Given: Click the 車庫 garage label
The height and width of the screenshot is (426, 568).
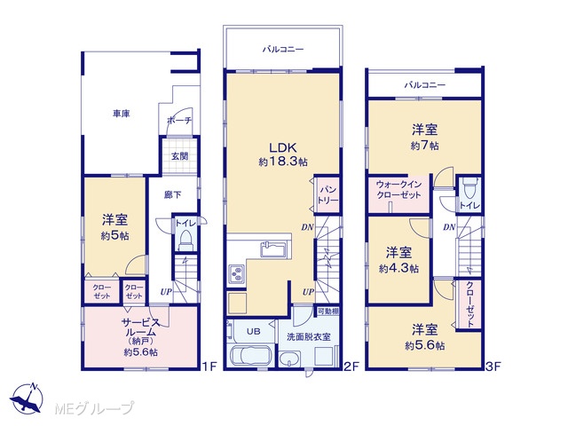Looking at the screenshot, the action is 121,114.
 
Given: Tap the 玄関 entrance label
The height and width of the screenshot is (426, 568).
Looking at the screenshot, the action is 179,156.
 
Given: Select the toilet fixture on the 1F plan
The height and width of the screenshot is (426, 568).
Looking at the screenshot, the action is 185,241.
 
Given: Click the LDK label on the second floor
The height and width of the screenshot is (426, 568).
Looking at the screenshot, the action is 283,147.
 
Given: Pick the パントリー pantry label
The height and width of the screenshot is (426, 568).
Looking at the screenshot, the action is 327,195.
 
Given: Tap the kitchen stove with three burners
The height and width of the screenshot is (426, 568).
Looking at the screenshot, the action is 237,274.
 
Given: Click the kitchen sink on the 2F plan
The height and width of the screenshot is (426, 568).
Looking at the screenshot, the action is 273,249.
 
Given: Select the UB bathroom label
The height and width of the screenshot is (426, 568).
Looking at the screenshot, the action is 253,331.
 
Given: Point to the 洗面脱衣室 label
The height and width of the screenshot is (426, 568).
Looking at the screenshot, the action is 309,337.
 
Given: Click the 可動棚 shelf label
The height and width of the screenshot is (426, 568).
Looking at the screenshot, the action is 328,311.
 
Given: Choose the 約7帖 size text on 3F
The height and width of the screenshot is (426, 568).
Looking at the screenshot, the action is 424,146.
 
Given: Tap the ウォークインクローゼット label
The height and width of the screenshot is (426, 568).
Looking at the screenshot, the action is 398,190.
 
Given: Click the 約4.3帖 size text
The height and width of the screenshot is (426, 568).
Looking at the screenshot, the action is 398,268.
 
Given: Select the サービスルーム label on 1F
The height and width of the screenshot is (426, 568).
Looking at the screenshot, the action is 140,327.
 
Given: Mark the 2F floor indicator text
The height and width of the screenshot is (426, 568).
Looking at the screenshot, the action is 351,367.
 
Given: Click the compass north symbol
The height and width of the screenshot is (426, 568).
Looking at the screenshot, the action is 27,398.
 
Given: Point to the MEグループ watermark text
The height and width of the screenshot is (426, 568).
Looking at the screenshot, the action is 94,408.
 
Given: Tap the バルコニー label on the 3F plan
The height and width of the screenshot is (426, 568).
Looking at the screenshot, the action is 424,85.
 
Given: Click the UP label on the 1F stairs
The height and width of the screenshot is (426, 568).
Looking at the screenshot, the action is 166,292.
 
